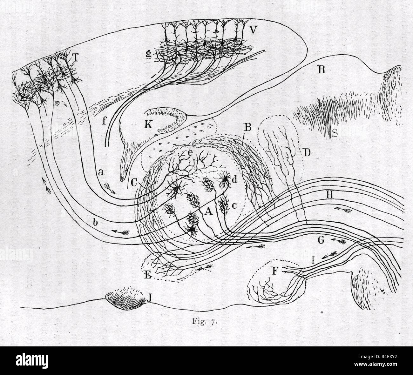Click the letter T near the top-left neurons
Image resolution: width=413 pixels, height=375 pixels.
[75, 57]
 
